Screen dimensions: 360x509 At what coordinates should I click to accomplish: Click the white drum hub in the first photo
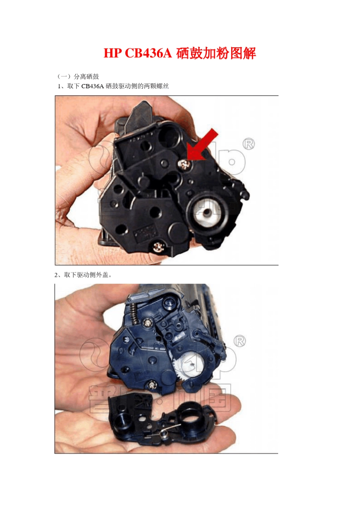click(207, 213)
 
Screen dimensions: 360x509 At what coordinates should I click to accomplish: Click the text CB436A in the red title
click(149, 53)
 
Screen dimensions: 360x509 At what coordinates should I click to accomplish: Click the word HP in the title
click(112, 53)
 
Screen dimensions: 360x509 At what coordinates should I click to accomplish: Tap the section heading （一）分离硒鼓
click(78, 77)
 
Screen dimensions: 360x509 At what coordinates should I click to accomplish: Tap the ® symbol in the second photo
click(240, 341)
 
